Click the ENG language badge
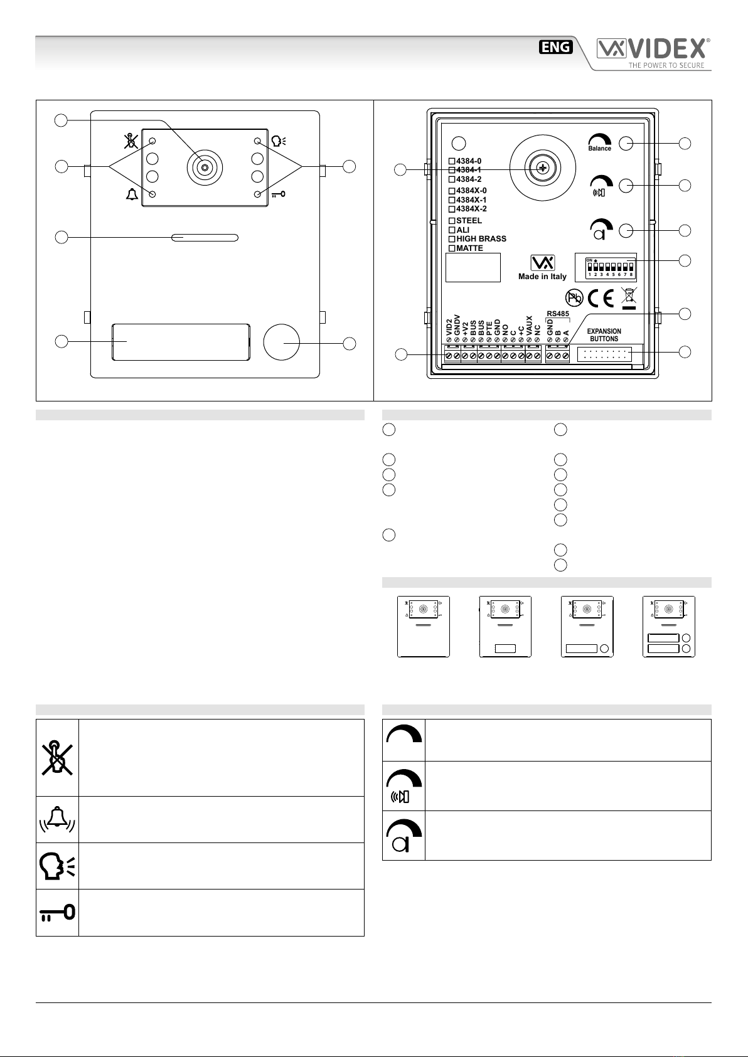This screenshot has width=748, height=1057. pyautogui.click(x=556, y=47)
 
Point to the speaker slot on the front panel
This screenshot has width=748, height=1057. pyautogui.click(x=205, y=238)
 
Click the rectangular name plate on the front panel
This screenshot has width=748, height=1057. pyautogui.click(x=181, y=342)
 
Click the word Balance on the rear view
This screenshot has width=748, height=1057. pyautogui.click(x=600, y=149)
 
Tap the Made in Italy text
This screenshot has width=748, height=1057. pyautogui.click(x=542, y=277)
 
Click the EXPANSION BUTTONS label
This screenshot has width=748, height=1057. pyautogui.click(x=604, y=335)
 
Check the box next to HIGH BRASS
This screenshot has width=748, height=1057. pyautogui.click(x=452, y=239)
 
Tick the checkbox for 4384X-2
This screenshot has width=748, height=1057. pyautogui.click(x=452, y=209)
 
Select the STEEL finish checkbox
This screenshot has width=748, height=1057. pyautogui.click(x=452, y=221)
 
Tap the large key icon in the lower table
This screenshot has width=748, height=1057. pyautogui.click(x=57, y=912)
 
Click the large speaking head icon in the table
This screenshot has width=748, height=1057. pyautogui.click(x=57, y=866)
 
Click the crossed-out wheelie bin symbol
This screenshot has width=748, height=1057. pyautogui.click(x=628, y=299)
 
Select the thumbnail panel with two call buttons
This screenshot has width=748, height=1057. pyautogui.click(x=668, y=627)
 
